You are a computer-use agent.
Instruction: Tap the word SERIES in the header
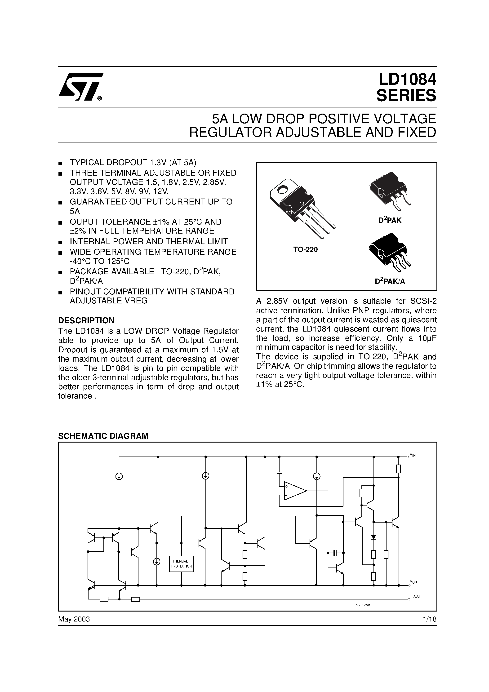[x=406, y=96]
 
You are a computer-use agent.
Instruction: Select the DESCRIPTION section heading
[x=86, y=320]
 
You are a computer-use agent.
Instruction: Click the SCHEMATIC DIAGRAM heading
[x=103, y=436]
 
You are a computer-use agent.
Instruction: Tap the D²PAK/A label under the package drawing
[x=390, y=281]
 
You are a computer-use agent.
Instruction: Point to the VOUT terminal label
[x=414, y=582]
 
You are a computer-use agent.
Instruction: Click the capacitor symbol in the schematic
[x=335, y=553]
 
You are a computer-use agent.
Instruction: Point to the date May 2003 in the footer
[x=74, y=619]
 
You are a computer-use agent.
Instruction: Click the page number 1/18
[x=430, y=619]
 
